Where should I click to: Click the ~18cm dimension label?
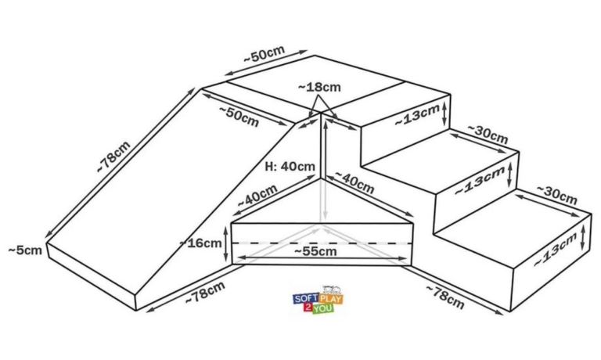point(319,88)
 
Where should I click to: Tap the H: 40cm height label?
point(290,167)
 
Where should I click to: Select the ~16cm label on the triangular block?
point(201,243)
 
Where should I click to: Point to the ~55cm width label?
point(315,251)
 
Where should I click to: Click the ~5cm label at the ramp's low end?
point(25,250)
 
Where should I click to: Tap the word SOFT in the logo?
point(306,298)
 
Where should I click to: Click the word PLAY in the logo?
point(331,298)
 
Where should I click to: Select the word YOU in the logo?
point(322,308)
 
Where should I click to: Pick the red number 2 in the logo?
point(308,308)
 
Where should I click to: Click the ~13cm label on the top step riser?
point(417,115)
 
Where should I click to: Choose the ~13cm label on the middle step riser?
point(480,182)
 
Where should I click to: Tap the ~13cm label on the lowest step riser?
point(556,250)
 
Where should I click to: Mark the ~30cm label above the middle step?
point(488,134)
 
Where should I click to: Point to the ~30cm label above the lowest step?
point(556,195)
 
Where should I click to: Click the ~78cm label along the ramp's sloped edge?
point(113,157)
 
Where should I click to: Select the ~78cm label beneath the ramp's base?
point(205,293)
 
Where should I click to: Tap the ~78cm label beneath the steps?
point(445,297)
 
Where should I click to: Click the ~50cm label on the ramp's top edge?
point(239,116)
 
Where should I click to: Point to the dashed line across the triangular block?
point(322,243)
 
